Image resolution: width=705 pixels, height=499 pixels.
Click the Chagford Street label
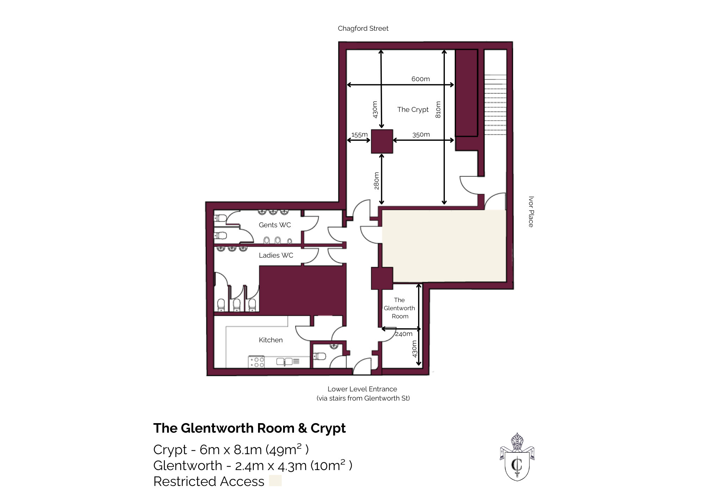pos(363,28)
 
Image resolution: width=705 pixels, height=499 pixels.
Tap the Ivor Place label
pos(531,211)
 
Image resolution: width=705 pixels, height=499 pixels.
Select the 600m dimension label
pos(421,79)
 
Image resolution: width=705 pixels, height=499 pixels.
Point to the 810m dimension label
pos(438,110)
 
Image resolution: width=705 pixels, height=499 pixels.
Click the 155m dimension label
pos(359,134)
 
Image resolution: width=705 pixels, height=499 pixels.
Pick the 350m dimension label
pos(421,134)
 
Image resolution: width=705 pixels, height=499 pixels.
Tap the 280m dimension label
pos(376,181)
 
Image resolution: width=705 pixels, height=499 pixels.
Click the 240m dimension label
pos(404,334)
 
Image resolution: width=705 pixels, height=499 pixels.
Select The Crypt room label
pos(413,109)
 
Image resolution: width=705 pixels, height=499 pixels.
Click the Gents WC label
pos(275,225)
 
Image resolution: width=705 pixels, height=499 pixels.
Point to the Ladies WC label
pos(276,255)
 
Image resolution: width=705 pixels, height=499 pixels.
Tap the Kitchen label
pos(270,340)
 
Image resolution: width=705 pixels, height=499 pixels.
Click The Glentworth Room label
pos(399,308)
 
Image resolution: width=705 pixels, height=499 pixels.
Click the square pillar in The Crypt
pos(382,141)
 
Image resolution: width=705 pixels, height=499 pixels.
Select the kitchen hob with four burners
pos(257,362)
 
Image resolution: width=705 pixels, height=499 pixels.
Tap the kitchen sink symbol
pos(285,362)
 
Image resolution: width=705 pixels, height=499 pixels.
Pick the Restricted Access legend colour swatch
pos(275,481)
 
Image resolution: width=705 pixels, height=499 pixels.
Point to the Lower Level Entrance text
pos(362,389)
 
